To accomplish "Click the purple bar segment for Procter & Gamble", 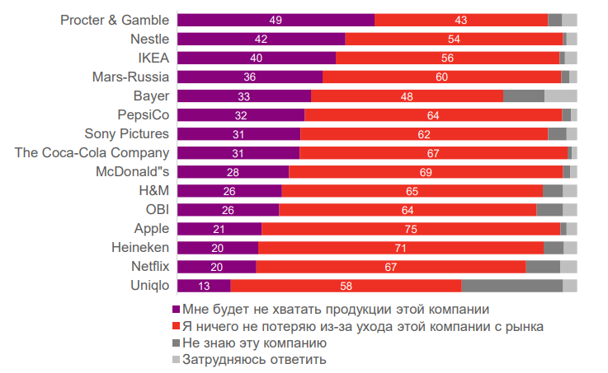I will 276,20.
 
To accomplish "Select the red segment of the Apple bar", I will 411,228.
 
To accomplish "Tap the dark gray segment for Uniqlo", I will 511,285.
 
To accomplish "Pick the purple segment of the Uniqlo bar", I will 204,285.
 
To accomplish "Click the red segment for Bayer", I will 407,96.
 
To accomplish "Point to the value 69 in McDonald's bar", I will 426,171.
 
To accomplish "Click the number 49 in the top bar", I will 276,20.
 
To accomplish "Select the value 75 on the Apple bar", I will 411,228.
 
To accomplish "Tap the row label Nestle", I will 149,39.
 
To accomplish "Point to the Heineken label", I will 140,247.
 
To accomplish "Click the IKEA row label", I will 153,58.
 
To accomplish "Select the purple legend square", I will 175,310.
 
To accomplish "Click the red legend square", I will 175,326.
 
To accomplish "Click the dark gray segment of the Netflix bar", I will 543,266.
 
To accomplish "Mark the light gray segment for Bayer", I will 561,96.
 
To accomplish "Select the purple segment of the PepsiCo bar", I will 241,114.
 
